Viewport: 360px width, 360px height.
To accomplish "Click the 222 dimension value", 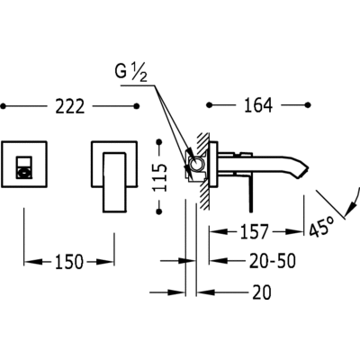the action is [x=70, y=106].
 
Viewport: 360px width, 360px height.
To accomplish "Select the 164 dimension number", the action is [x=258, y=105].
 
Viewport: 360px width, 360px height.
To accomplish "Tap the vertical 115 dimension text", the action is [x=159, y=177].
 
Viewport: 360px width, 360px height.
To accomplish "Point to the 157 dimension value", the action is [x=254, y=231].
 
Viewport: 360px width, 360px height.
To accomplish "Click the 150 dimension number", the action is [x=69, y=262].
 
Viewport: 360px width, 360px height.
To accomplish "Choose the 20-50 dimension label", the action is [x=273, y=261].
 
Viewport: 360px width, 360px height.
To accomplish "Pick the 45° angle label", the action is [x=321, y=227].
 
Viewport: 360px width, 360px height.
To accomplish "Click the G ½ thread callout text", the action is [x=131, y=73].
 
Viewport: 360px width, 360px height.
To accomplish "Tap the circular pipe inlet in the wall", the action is [x=197, y=165].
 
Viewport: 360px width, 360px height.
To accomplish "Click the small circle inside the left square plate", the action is [x=24, y=174].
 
